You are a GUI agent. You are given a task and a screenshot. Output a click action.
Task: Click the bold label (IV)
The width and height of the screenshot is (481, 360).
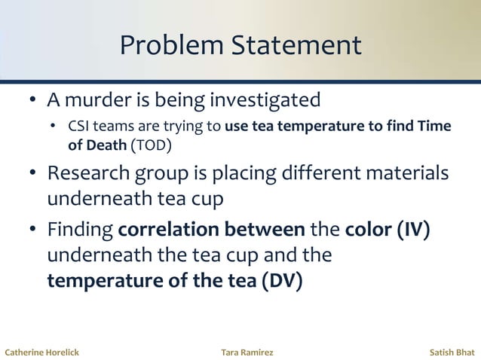413,229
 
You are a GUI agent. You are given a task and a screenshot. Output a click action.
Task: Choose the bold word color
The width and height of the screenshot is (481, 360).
369,229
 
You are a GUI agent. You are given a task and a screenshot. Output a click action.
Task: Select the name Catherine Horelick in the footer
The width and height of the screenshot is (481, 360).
41,352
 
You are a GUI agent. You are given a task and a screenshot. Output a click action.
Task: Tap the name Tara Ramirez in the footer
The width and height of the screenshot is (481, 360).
247,352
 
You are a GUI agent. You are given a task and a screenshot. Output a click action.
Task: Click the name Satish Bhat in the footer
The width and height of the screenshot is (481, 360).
452,352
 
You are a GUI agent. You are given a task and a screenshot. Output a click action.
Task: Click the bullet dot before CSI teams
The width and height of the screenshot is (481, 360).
54,127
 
